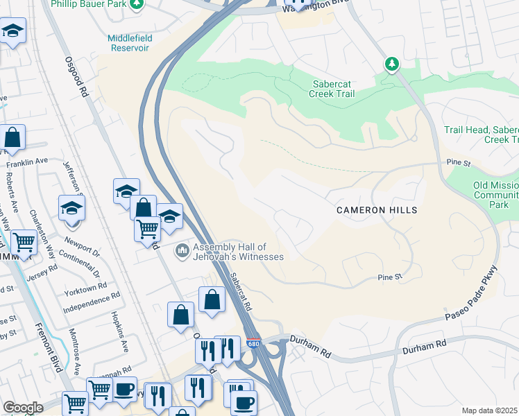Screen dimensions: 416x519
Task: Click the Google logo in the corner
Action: tap(23, 408)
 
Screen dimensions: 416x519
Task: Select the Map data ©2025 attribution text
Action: tap(490, 410)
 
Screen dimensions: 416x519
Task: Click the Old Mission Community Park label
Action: tap(495, 195)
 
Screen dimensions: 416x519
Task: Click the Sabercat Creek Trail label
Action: tap(332, 89)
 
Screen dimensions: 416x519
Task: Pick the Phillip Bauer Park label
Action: tap(89, 4)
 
